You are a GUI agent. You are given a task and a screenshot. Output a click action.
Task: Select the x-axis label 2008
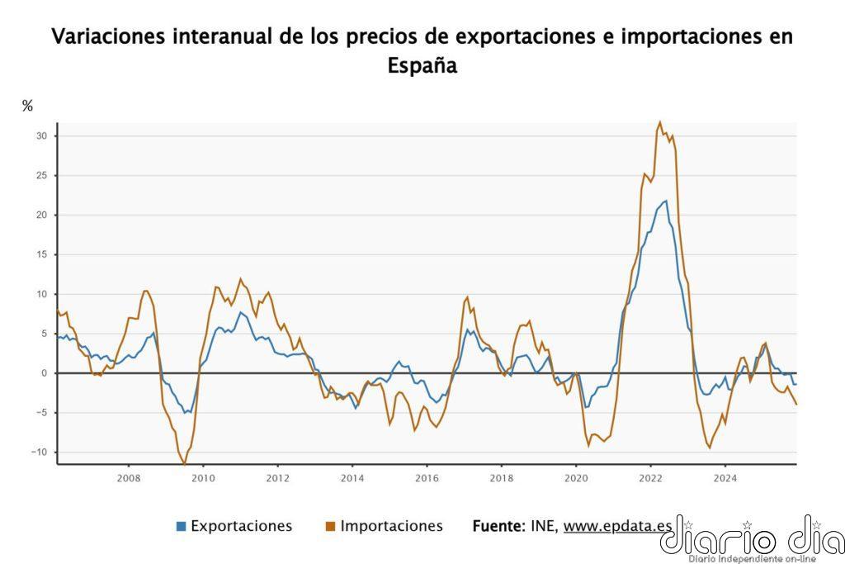click(x=129, y=477)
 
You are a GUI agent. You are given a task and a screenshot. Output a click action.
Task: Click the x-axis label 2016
click(x=426, y=477)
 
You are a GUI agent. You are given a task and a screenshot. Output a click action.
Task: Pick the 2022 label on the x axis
click(x=650, y=477)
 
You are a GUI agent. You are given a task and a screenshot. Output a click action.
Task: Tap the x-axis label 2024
click(x=725, y=477)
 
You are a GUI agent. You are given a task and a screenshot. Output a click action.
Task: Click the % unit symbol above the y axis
click(x=27, y=106)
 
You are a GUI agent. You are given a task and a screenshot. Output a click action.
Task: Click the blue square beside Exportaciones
click(x=181, y=526)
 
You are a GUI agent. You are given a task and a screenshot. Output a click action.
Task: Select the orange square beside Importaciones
click(x=330, y=526)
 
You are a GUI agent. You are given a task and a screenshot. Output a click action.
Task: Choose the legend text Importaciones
click(x=391, y=526)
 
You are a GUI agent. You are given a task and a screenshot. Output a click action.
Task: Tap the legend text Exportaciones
click(x=241, y=526)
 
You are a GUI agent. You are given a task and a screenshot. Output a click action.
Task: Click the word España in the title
click(x=422, y=66)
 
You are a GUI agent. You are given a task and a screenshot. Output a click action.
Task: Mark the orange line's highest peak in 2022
click(x=659, y=122)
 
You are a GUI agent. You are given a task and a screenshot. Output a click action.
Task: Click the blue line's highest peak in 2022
click(x=666, y=201)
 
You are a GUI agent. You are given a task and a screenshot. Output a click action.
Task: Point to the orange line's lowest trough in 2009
click(x=183, y=464)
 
